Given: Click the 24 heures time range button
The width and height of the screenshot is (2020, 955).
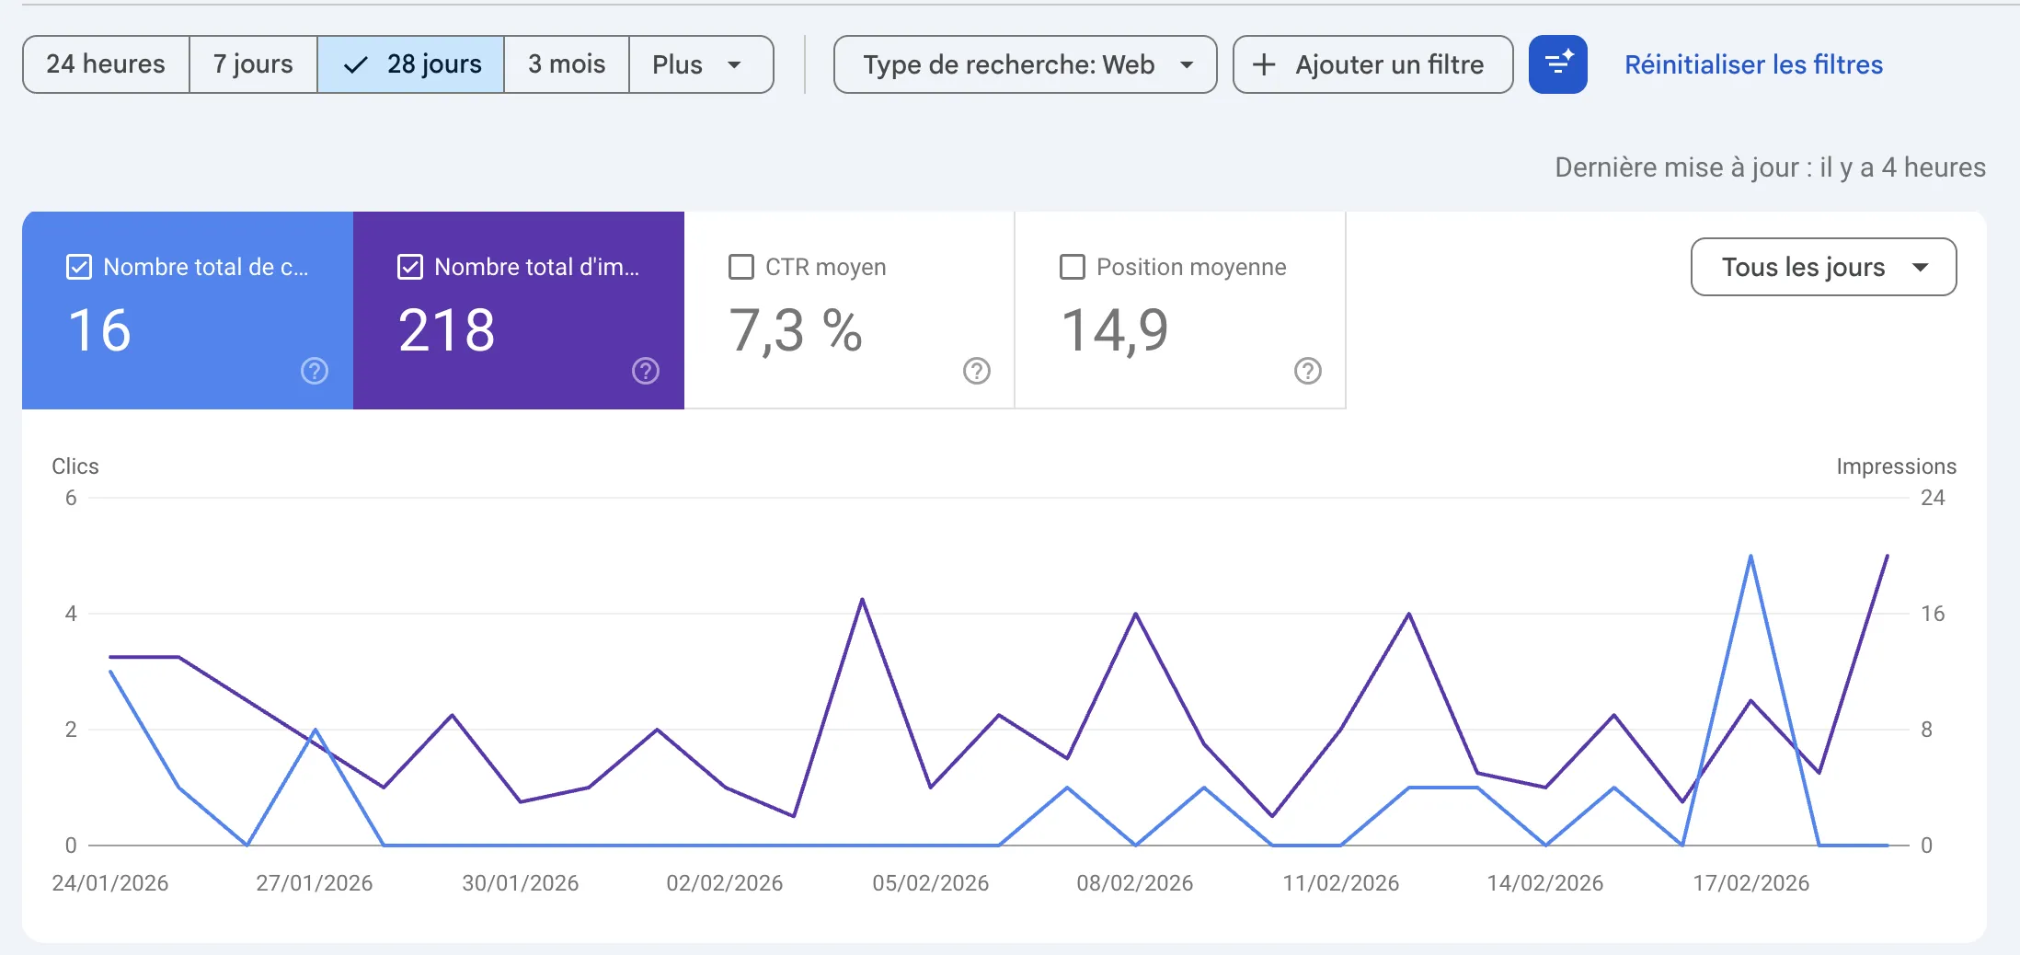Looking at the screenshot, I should tap(106, 64).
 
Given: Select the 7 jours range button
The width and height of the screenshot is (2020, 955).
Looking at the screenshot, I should tap(253, 64).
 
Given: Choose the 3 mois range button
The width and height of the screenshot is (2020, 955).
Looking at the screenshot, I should tap(567, 64).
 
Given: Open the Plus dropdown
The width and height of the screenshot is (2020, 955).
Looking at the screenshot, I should tap(700, 64).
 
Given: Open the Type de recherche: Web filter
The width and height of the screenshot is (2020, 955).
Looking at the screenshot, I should tap(1025, 64).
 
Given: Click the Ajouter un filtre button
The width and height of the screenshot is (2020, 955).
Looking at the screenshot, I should tap(1372, 64).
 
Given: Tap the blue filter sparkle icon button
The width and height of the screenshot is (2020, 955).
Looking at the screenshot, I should tap(1557, 64).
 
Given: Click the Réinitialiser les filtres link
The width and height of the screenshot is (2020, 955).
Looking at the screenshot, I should tap(1753, 64).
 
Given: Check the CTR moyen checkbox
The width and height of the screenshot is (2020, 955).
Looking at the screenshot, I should tap(741, 267).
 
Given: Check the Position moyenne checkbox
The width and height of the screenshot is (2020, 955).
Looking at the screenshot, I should tap(1073, 267).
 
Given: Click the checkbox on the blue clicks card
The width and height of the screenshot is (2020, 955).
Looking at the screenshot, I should tap(79, 267).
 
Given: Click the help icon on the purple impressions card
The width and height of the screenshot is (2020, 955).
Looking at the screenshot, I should tap(646, 371).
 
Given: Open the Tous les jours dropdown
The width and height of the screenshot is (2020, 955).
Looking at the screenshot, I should tap(1823, 267).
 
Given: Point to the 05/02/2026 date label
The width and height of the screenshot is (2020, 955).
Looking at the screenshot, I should tap(930, 883).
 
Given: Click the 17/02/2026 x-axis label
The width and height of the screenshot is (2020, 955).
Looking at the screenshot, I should tap(1750, 883).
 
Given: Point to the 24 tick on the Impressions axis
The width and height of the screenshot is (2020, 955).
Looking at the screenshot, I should tap(1933, 498).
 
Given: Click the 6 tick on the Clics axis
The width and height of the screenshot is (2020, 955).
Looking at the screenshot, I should tap(71, 498).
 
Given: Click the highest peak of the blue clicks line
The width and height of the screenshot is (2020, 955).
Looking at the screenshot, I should tap(1750, 557).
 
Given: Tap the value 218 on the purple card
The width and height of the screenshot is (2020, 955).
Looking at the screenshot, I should tap(447, 330).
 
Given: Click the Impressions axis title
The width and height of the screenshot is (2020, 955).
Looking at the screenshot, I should tap(1896, 466).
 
